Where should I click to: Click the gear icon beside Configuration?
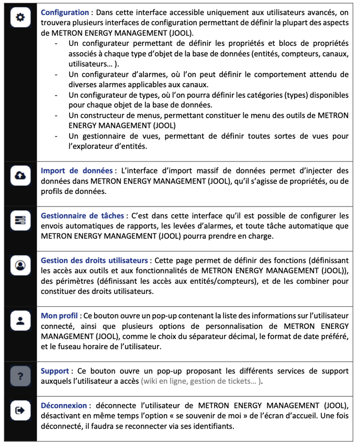20,17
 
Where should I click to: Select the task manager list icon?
20,222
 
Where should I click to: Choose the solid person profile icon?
20,321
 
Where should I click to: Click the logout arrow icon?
20,410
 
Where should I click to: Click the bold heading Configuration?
65,12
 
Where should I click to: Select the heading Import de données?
76,171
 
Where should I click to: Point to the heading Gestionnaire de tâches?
82,215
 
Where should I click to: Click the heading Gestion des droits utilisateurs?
94,260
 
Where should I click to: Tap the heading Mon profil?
60,315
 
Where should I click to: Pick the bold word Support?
55,371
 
